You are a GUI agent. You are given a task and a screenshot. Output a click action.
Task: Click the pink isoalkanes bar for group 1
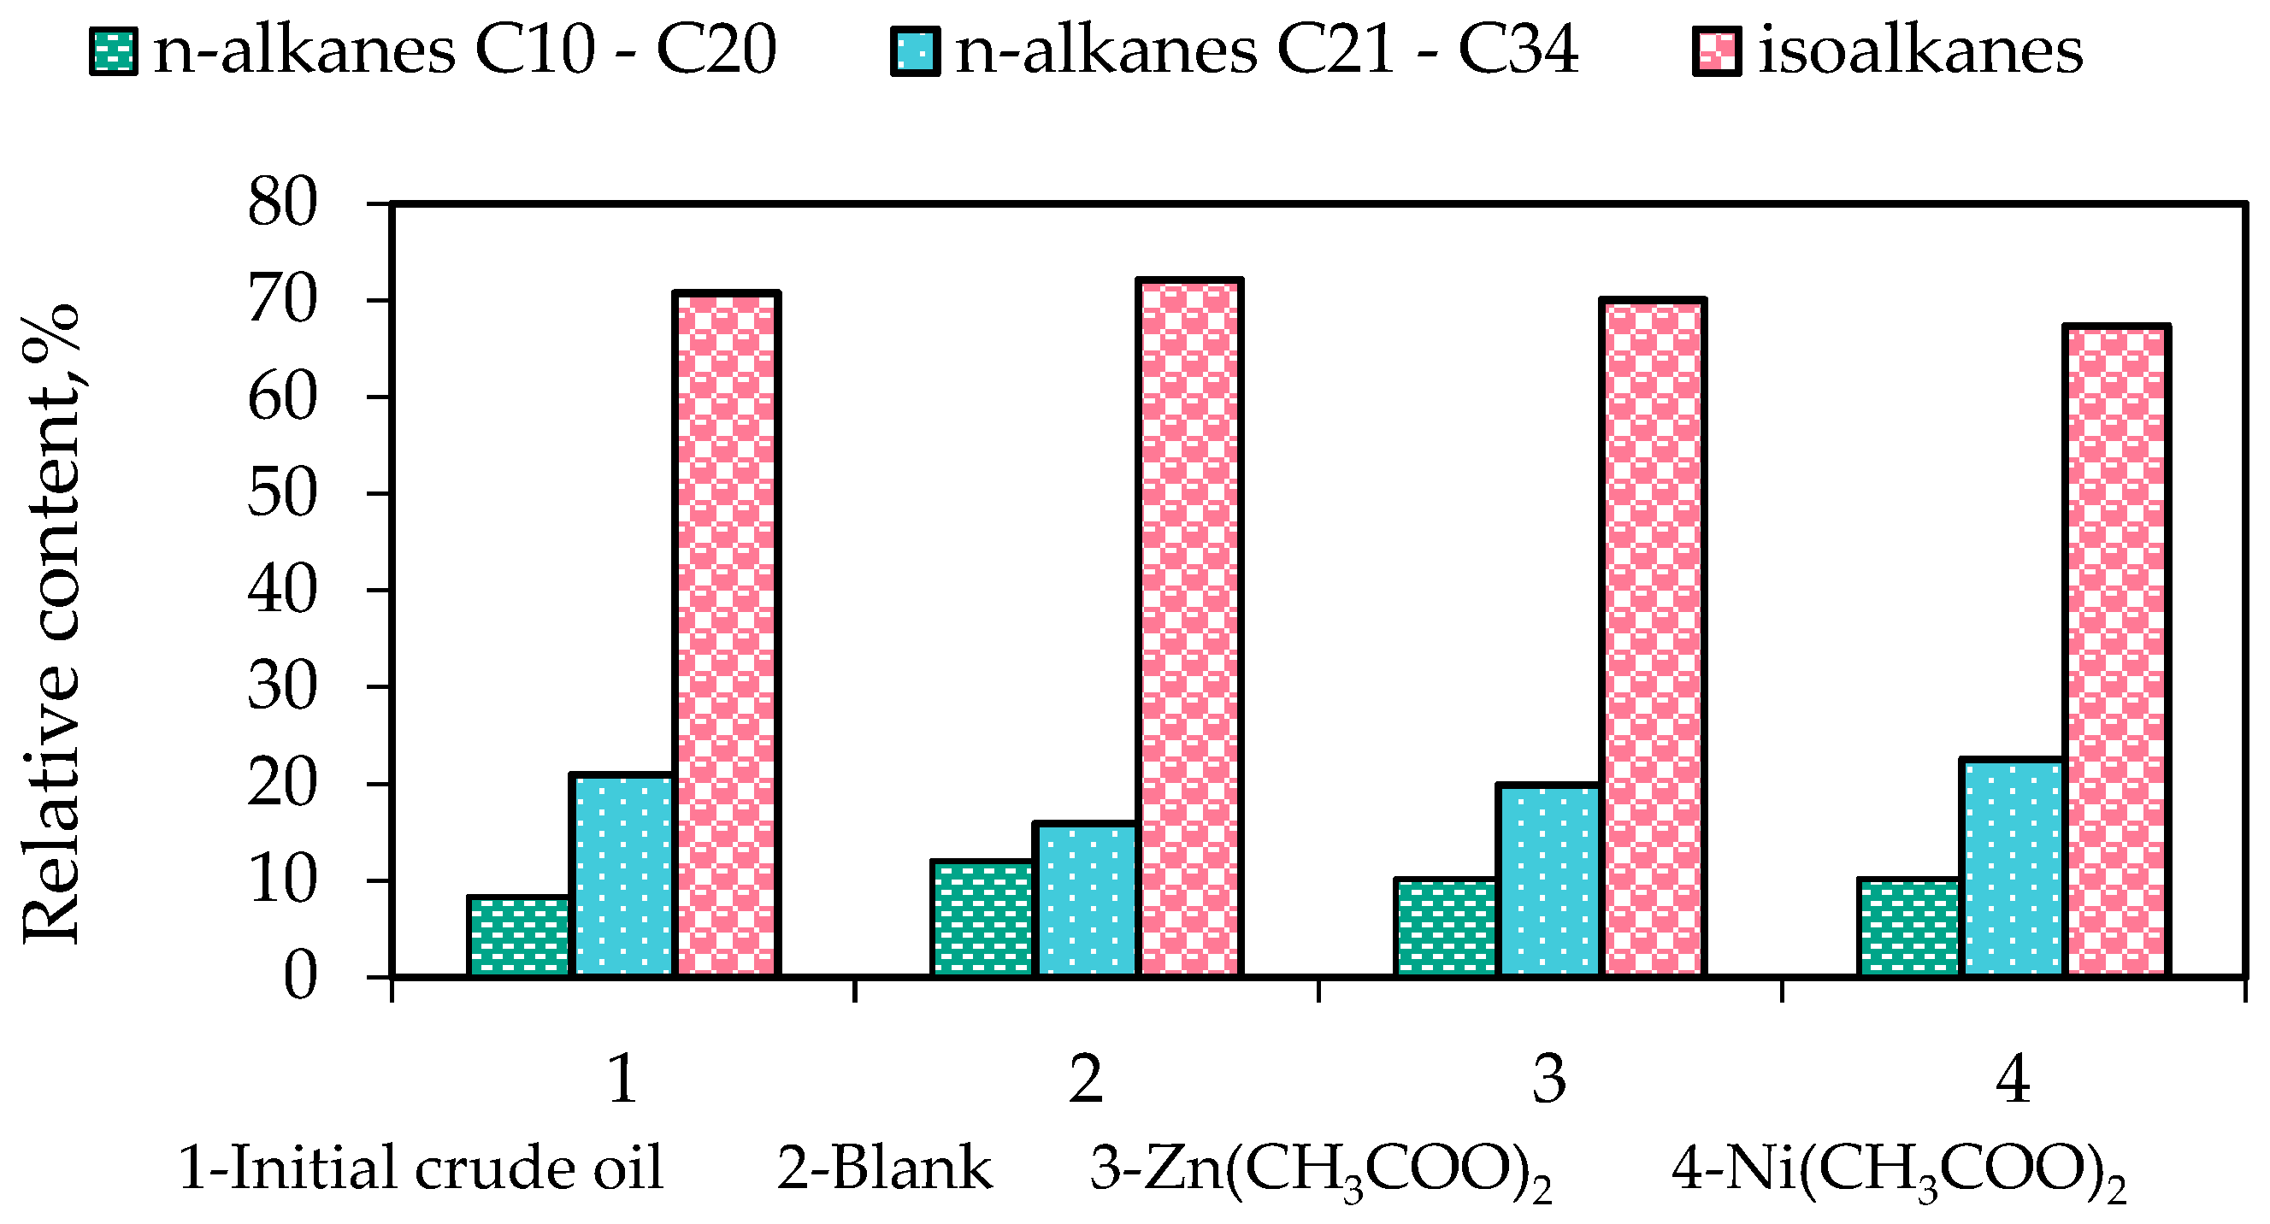(726, 634)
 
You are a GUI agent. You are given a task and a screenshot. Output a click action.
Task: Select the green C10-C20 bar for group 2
(982, 919)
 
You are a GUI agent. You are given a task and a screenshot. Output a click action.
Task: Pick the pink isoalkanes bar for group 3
(1654, 638)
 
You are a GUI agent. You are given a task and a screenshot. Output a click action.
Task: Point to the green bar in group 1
(519, 937)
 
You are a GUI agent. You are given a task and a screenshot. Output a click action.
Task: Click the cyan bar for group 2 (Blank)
(1087, 900)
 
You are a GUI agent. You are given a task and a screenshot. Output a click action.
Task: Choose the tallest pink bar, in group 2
(1190, 627)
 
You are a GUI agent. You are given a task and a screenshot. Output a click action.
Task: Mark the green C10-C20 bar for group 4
(1909, 928)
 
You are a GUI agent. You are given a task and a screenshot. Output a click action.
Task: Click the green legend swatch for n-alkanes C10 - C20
(114, 51)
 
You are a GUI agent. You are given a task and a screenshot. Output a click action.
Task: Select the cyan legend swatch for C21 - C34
(916, 51)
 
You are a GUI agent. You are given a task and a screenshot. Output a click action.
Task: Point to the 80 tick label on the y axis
(282, 203)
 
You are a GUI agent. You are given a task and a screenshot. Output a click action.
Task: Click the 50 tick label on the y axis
(282, 493)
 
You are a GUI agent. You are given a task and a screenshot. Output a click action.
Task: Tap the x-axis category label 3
(1549, 1080)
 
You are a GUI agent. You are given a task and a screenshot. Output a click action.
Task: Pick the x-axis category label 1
(623, 1080)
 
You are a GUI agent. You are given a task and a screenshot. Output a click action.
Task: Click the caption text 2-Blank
(884, 1168)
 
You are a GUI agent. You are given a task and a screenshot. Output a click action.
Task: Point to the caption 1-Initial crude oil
(421, 1168)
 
